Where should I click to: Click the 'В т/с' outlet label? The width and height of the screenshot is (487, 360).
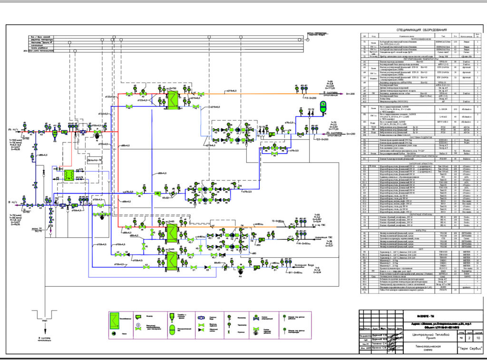13,202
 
